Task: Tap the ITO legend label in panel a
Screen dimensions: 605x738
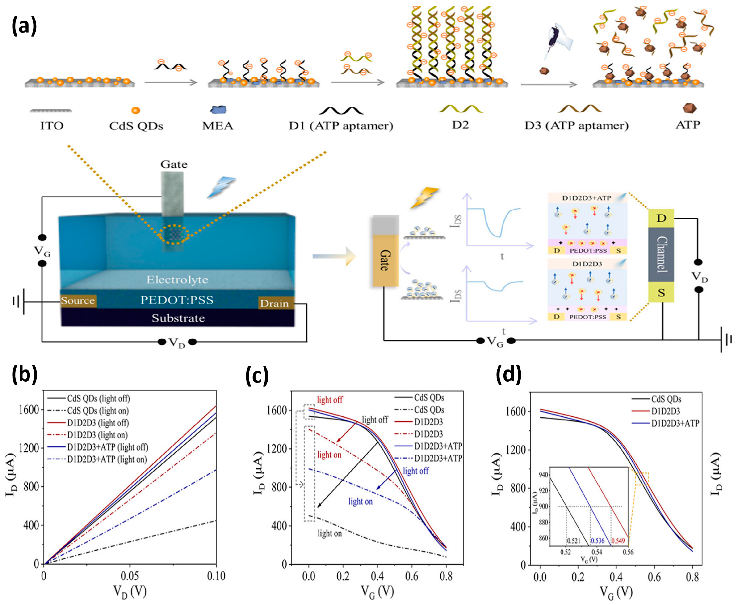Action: [51, 125]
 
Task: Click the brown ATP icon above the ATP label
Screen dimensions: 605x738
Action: [690, 108]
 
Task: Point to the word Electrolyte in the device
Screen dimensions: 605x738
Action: [177, 279]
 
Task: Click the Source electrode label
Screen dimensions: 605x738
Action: [78, 301]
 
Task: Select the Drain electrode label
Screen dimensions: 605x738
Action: [274, 304]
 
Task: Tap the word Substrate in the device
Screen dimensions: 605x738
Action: [178, 318]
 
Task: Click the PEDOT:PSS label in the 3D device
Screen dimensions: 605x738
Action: [177, 300]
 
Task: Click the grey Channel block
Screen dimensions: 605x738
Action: [661, 255]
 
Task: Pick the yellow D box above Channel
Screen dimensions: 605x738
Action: [661, 218]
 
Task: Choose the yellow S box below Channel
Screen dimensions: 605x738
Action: [661, 292]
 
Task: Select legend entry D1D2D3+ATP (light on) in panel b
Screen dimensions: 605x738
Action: [107, 459]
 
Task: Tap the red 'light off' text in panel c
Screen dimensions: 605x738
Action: [330, 400]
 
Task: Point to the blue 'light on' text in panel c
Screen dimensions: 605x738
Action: [361, 502]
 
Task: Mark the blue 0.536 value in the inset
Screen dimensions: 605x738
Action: [597, 541]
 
